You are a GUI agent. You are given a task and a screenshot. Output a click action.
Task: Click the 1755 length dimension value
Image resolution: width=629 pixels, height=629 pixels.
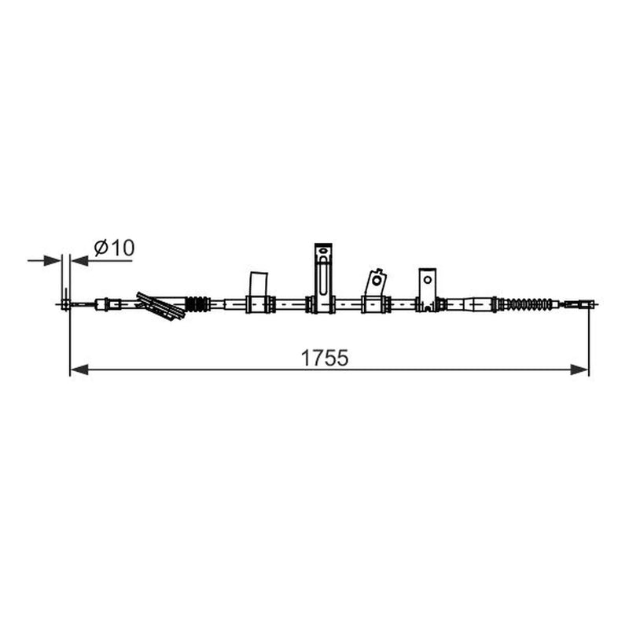[325, 359]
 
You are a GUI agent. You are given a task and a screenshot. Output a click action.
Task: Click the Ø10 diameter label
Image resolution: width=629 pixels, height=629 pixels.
[114, 248]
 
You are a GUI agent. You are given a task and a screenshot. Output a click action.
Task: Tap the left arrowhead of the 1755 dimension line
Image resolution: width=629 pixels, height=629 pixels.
[79, 370]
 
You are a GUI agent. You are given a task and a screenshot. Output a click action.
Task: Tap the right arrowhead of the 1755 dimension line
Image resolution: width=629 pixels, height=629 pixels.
[579, 370]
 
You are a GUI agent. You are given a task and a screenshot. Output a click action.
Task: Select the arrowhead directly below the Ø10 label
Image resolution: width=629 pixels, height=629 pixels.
[80, 261]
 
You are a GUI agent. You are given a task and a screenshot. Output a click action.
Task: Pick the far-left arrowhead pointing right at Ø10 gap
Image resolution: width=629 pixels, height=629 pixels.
[52, 261]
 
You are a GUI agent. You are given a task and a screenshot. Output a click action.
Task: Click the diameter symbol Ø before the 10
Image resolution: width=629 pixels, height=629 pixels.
[101, 248]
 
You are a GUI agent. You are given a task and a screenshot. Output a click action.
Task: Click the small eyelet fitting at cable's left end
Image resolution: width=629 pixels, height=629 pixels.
[65, 304]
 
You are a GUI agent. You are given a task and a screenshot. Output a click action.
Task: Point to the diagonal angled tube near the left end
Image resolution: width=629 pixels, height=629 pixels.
[160, 306]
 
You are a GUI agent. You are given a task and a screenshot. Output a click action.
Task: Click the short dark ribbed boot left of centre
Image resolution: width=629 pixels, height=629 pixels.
[198, 304]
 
